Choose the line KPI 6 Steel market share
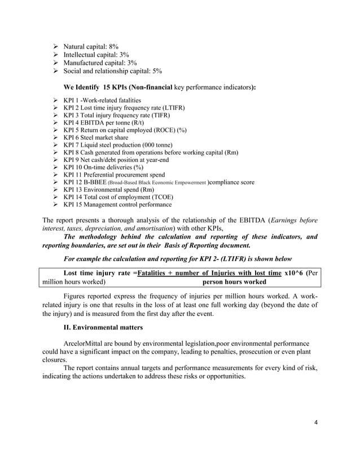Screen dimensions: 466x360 [95, 137]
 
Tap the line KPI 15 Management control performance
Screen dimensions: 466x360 [117, 205]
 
